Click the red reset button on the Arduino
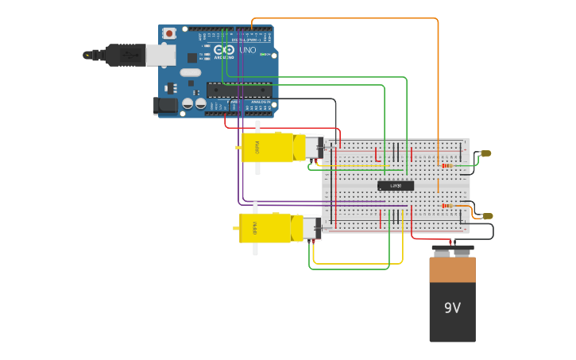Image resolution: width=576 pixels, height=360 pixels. (169, 33)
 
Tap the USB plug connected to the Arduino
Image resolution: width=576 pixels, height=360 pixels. (119, 55)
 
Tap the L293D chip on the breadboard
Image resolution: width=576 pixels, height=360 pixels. (396, 186)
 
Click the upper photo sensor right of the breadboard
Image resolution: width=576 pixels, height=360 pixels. (486, 153)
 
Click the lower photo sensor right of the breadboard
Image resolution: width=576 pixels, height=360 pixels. (487, 215)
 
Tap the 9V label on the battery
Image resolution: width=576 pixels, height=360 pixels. (452, 308)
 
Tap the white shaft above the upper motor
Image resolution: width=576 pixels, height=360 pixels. (257, 126)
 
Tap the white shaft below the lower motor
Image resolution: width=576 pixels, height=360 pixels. (255, 249)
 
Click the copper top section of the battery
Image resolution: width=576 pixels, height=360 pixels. (452, 269)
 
